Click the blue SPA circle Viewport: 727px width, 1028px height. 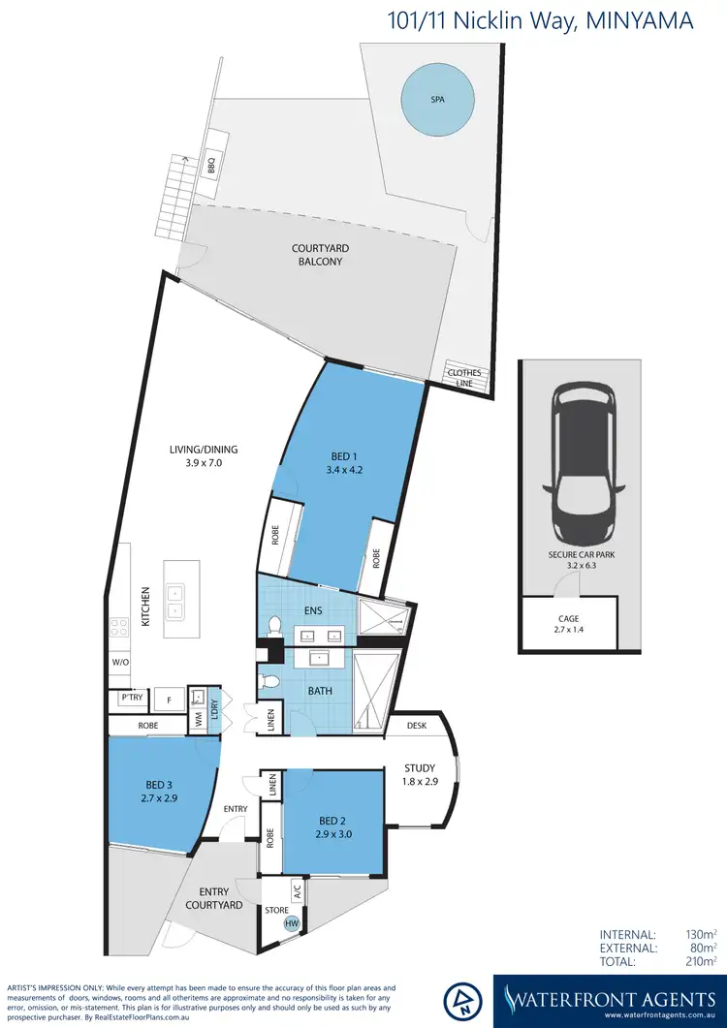tap(438, 98)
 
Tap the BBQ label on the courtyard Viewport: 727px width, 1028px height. tap(210, 167)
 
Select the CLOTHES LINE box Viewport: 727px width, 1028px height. tap(462, 378)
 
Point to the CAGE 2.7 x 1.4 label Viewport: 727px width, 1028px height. tap(568, 623)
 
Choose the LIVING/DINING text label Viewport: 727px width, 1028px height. tap(204, 456)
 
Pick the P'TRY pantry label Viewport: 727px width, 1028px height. tap(131, 697)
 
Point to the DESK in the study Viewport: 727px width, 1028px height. tap(417, 725)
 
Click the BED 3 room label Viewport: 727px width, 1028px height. tap(155, 793)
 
